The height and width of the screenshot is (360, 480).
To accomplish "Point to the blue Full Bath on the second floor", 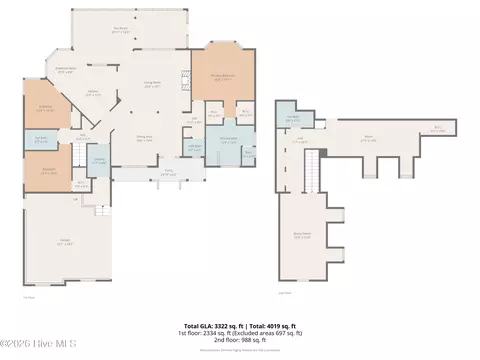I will click(291, 119).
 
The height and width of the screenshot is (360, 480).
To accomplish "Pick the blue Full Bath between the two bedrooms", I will click(41, 139).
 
